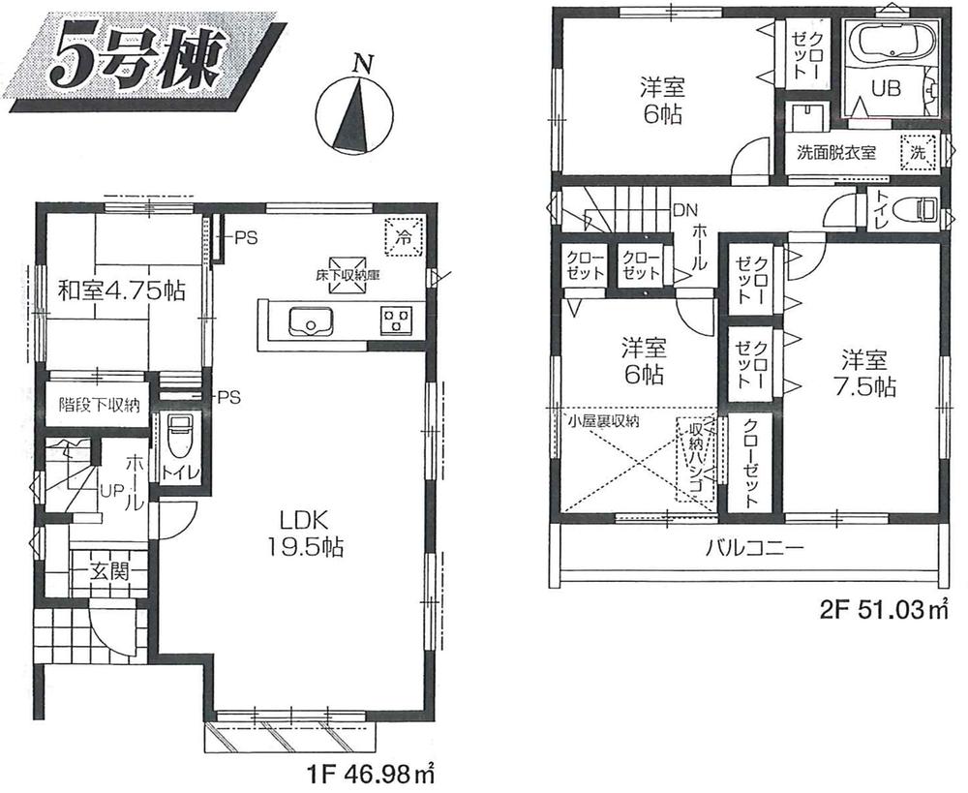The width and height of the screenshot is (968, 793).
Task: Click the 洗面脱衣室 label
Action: (x=836, y=153)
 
